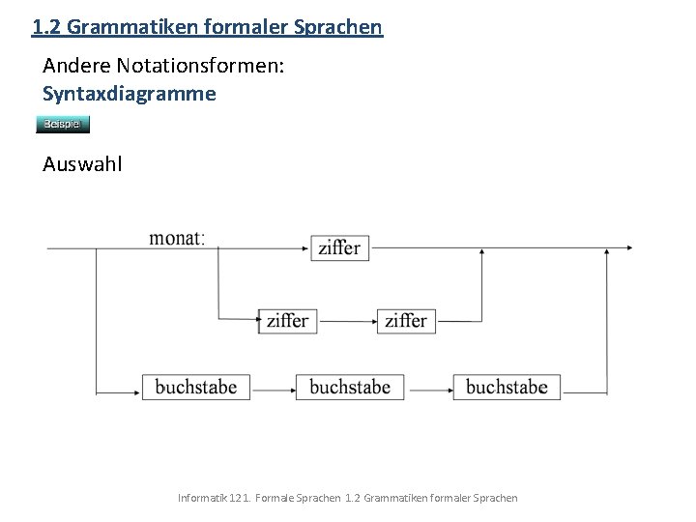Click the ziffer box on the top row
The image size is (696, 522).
tap(338, 247)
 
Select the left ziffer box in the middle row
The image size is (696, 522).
tap(287, 320)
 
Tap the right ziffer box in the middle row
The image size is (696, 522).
tap(405, 320)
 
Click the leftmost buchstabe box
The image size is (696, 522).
tap(195, 387)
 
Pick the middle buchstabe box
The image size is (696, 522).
tap(350, 387)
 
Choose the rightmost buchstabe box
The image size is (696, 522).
tap(506, 387)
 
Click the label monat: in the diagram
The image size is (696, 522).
tap(177, 238)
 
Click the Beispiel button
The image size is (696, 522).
tap(63, 124)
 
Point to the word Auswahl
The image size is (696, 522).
tap(83, 163)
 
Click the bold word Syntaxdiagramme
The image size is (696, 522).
tap(130, 94)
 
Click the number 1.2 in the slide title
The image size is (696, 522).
tap(44, 26)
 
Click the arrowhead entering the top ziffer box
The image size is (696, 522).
tap(305, 247)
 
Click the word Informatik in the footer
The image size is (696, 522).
tap(202, 497)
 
